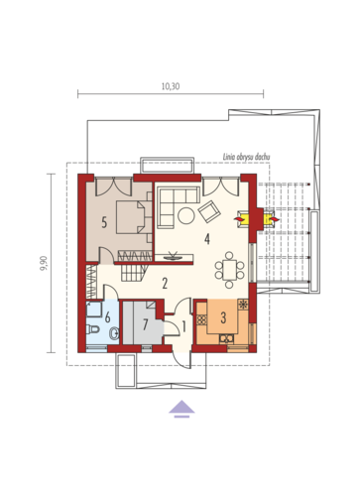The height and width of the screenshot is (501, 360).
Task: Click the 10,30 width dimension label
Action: click(171, 86)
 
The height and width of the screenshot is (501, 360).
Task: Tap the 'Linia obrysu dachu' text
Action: click(246, 157)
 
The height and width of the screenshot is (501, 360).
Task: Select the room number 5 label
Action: click(104, 222)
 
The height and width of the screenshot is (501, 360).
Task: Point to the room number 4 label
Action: click(207, 239)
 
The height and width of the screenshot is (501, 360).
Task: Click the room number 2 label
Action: click(165, 283)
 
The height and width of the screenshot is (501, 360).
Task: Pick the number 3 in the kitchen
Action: click(223, 317)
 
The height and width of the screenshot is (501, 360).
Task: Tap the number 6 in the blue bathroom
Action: click(107, 317)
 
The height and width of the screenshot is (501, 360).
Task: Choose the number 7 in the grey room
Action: click(145, 324)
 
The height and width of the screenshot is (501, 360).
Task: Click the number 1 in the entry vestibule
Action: click(184, 326)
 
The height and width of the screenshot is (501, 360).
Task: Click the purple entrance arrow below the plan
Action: click(181, 409)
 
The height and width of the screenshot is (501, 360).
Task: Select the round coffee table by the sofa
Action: click(186, 215)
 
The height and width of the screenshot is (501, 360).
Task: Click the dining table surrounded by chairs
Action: click(230, 270)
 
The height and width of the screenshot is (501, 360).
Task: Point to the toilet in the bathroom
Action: click(92, 329)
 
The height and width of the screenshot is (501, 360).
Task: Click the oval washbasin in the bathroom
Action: click(114, 333)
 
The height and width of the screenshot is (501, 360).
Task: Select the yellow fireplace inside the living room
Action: click(243, 218)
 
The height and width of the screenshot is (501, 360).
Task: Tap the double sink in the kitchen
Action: click(226, 338)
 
